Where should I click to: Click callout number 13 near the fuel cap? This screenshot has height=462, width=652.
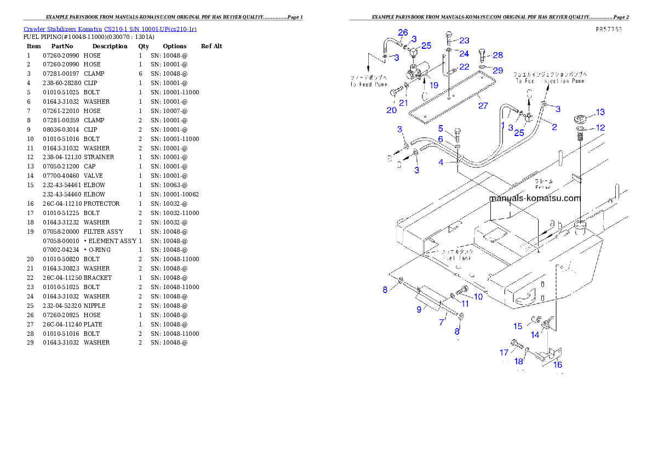600,112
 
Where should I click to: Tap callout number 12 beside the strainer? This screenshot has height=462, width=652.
600,128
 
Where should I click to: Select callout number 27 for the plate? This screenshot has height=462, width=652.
483,106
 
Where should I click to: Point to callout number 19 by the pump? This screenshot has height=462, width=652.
434,85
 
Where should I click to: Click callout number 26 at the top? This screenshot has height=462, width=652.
403,32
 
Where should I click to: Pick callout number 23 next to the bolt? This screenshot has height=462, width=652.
464,41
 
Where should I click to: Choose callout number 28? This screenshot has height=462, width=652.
497,55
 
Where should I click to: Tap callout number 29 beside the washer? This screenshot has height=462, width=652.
497,70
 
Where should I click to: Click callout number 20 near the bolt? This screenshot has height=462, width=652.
391,110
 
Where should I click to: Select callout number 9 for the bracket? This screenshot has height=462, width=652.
419,309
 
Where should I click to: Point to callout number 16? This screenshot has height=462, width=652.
557,364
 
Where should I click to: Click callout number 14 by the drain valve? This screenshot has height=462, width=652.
535,335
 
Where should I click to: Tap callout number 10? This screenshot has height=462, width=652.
478,297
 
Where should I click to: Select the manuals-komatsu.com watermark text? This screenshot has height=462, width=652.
534,199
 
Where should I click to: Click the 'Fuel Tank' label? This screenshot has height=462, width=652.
458,257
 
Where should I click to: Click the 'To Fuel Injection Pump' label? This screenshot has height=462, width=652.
549,81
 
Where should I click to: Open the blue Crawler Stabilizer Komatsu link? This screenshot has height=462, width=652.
110,29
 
